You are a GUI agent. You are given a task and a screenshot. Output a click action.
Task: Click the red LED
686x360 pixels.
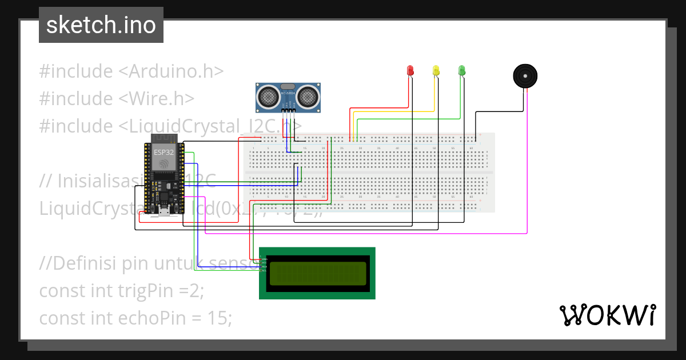pos(410,70)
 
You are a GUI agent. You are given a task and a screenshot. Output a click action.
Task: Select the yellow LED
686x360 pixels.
pos(436,70)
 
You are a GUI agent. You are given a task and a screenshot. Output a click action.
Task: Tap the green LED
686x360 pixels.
pos(462,70)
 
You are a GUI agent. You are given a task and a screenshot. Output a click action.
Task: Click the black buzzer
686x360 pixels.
pos(525,76)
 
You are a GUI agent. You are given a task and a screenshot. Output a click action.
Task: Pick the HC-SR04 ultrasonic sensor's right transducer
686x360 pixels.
pos(308,97)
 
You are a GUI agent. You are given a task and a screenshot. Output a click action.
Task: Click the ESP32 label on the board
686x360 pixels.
pos(161,153)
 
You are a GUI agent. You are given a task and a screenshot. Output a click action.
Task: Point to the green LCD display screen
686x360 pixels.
pos(317,273)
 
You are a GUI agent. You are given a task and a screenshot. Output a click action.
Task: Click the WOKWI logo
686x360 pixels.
pos(607,315)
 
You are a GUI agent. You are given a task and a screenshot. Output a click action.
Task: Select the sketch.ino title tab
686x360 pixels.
pos(101,25)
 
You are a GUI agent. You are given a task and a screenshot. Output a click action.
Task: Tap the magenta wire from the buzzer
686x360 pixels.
pos(527,171)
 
